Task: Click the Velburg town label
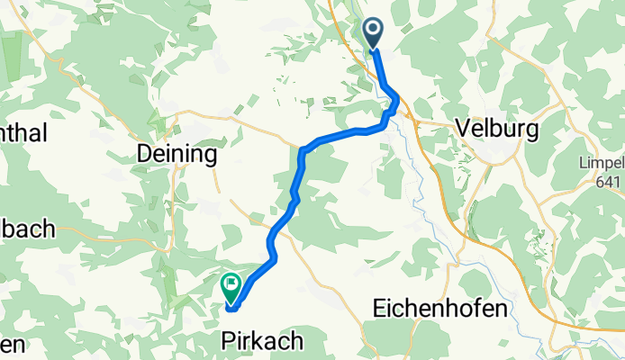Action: [x=498, y=129]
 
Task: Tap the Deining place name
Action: [x=177, y=154]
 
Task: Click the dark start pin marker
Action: [x=374, y=33]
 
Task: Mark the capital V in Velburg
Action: [x=465, y=129]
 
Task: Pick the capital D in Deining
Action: [x=144, y=154]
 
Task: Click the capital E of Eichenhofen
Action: [x=379, y=309]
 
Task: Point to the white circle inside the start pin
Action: [x=374, y=31]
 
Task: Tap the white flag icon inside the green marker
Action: [x=231, y=287]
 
